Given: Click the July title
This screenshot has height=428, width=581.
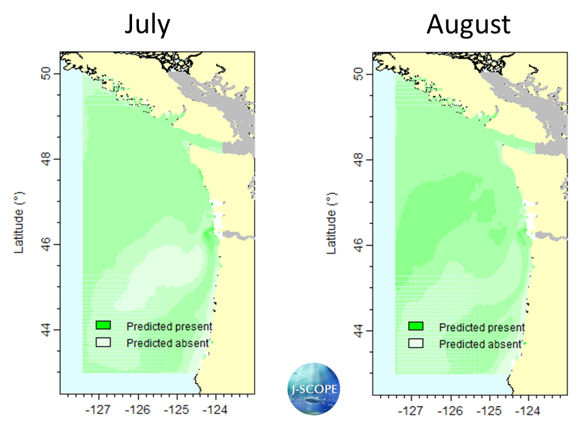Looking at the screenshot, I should click(x=147, y=25).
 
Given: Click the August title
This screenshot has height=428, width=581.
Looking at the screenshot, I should click(x=468, y=25).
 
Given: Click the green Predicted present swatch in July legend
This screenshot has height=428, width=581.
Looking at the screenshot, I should click(x=103, y=325).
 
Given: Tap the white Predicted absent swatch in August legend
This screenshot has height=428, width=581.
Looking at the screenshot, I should click(x=416, y=344).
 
